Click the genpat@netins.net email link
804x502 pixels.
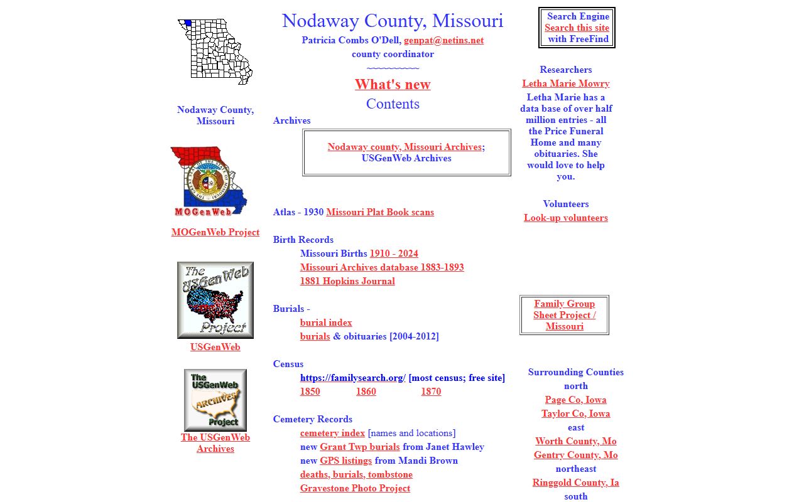(443, 40)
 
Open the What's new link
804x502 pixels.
(393, 85)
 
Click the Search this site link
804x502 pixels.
(577, 28)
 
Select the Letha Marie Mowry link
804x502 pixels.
(565, 83)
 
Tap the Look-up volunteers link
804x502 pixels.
(565, 218)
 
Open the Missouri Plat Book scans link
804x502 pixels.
(379, 212)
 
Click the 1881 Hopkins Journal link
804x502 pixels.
(347, 281)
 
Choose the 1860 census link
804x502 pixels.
(366, 392)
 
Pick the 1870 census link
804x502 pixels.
(430, 392)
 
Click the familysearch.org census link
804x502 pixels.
(352, 378)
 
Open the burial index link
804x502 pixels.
(326, 323)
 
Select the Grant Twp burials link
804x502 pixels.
(359, 447)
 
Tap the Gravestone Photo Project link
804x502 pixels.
(355, 488)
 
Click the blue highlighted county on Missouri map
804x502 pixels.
(188, 23)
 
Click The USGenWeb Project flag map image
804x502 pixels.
(215, 300)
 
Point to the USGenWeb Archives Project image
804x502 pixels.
(215, 400)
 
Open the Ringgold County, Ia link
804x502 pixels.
(575, 483)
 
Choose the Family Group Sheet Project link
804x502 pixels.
(564, 315)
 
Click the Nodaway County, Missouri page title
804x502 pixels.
(393, 21)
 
